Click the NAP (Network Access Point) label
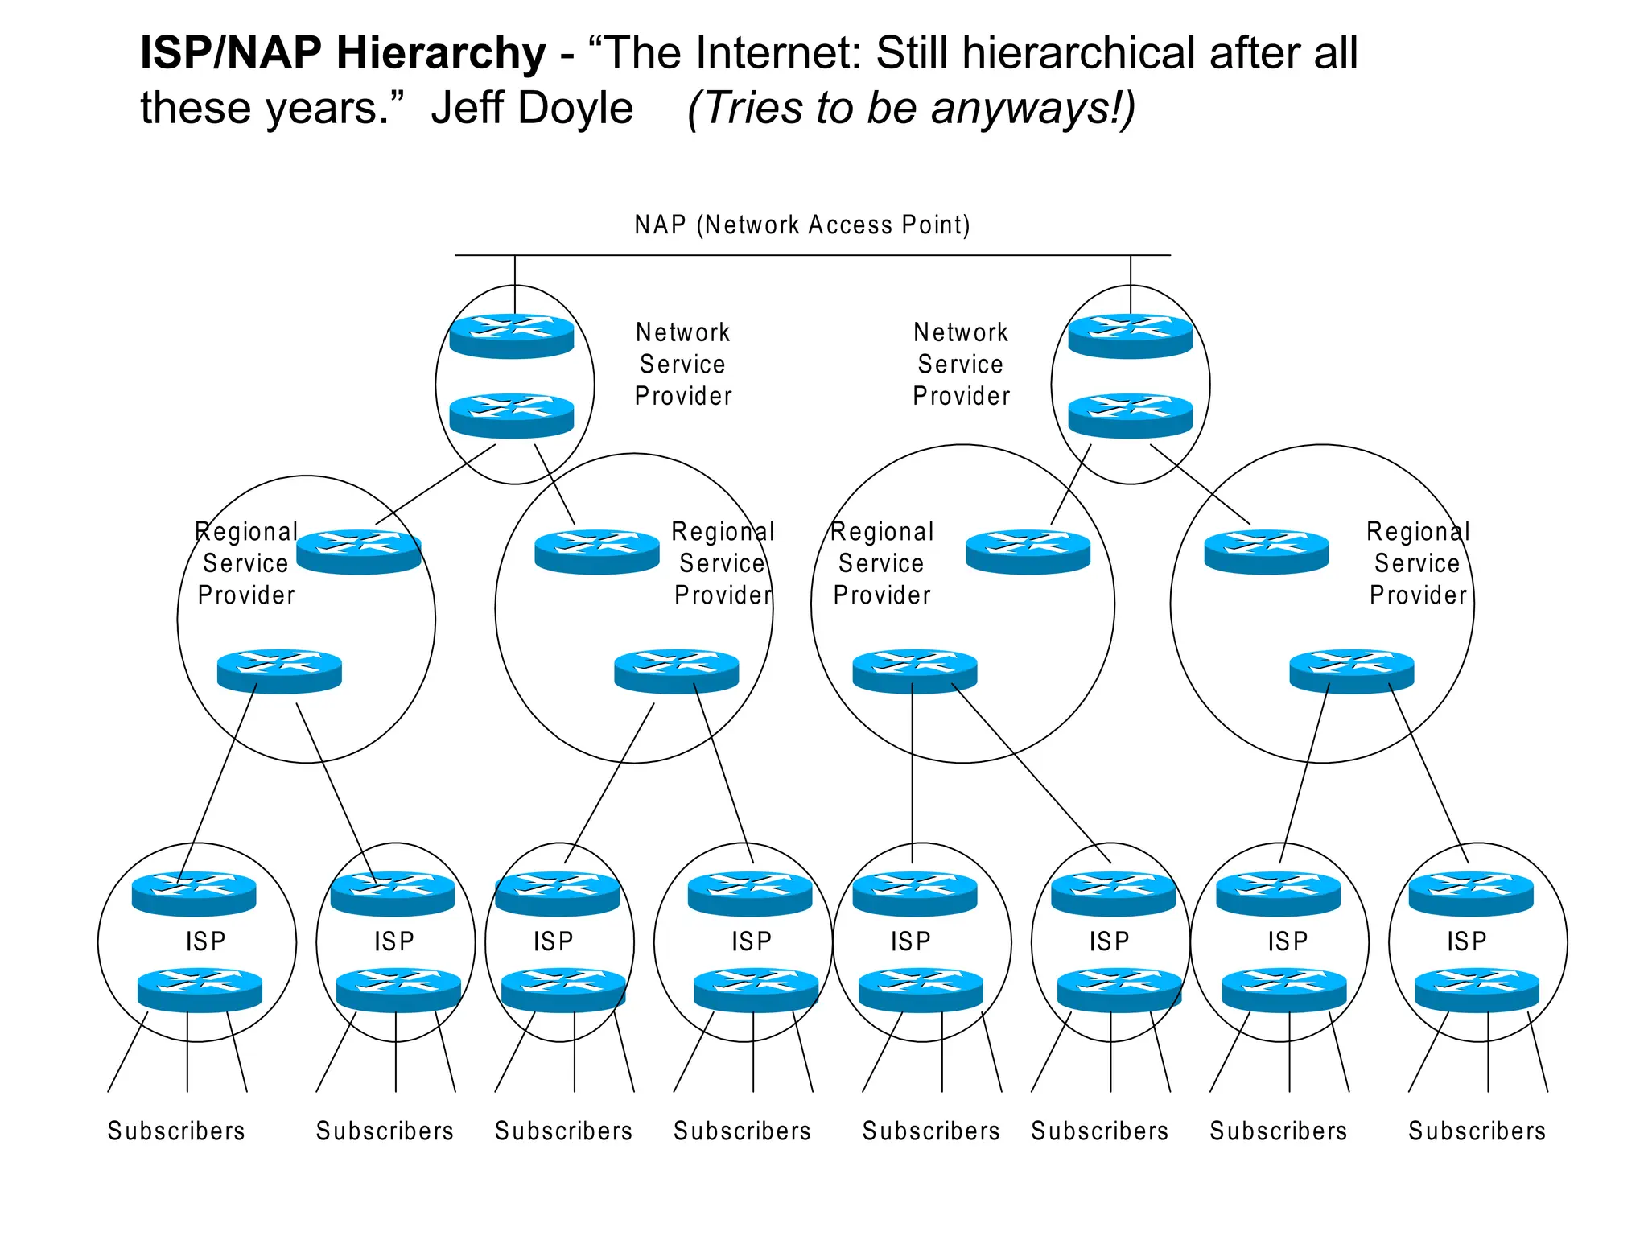click(801, 225)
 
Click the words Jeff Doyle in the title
click(532, 108)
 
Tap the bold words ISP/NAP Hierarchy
click(343, 53)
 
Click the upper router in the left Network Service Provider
click(512, 336)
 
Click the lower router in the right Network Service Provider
click(1130, 415)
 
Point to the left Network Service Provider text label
click(682, 364)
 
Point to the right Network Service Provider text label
click(961, 364)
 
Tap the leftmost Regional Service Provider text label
click(246, 563)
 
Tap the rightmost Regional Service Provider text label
click(1418, 563)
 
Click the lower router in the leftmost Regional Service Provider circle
click(279, 670)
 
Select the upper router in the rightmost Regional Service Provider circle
click(1266, 551)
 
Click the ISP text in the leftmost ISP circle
click(206, 941)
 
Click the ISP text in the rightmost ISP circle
click(1466, 941)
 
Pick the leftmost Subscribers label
click(176, 1131)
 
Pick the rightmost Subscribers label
click(1477, 1131)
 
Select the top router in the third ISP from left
click(557, 893)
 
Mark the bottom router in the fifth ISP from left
click(921, 990)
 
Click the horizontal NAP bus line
click(813, 255)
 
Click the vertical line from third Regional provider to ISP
click(912, 772)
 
